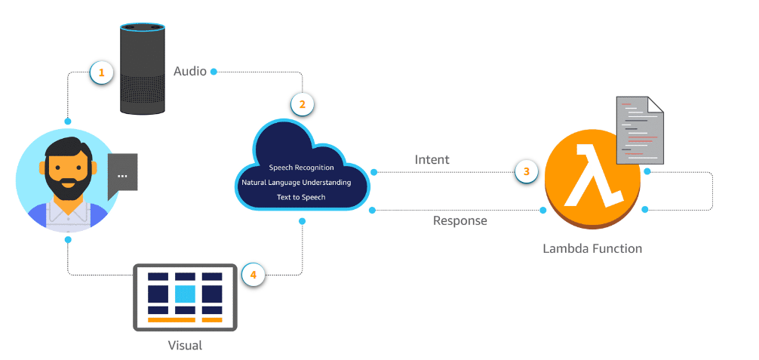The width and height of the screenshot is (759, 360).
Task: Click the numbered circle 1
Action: [x=101, y=72]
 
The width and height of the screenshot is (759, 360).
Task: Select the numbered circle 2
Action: [x=302, y=104]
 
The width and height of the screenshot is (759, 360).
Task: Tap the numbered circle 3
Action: [x=527, y=171]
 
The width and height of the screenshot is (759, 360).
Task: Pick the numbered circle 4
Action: [x=254, y=275]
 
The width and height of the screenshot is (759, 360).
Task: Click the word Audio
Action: [x=190, y=72]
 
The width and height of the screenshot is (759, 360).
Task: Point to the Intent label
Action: [x=432, y=160]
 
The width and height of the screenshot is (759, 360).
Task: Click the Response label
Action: [x=459, y=221]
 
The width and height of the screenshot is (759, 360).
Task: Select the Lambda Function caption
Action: [x=592, y=248]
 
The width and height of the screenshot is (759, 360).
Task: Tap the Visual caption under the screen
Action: [x=185, y=346]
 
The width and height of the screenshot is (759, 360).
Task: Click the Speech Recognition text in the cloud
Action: [x=301, y=168]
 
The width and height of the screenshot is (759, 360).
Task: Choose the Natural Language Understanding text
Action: [x=302, y=183]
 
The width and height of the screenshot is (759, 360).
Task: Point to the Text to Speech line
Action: [x=301, y=197]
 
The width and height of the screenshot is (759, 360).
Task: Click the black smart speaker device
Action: [x=143, y=69]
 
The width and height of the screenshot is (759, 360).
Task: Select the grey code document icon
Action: [x=640, y=130]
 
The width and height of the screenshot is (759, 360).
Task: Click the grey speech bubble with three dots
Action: [x=121, y=175]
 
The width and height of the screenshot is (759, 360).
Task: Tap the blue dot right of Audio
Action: [x=214, y=72]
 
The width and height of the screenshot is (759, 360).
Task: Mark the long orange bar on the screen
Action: [x=171, y=320]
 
